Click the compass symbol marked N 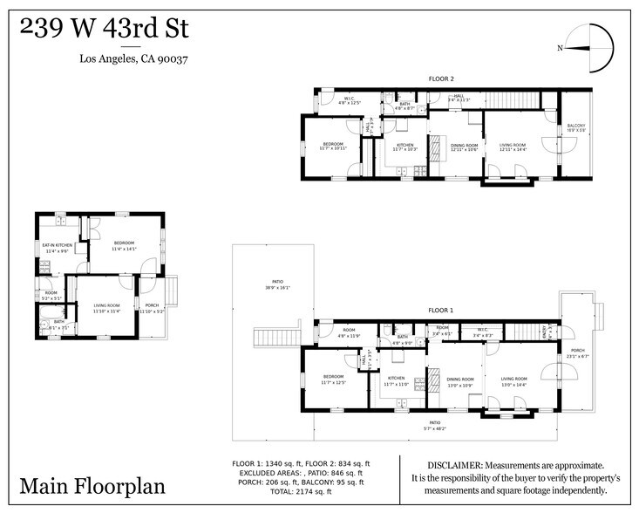point(589,49)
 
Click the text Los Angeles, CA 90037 point(134,59)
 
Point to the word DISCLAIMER point(454,465)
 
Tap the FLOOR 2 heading point(441,79)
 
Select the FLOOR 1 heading point(440,310)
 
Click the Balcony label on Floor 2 point(576,127)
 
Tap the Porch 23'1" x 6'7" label point(578,353)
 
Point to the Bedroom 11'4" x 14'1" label point(125,245)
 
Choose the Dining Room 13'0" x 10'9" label point(460,381)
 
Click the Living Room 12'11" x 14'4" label point(513,147)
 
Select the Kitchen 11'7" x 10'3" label point(405,147)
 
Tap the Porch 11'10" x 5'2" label point(152,307)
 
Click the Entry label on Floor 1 point(547,331)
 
